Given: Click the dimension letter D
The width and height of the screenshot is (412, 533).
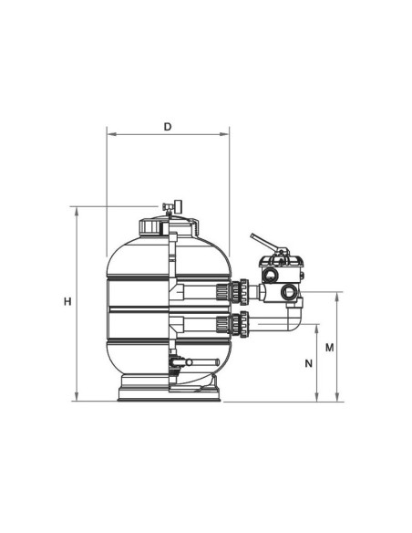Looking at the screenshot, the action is click(x=168, y=127).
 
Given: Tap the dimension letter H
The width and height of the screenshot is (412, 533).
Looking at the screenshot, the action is click(x=67, y=301).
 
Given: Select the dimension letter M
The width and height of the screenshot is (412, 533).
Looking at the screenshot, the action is click(x=330, y=348).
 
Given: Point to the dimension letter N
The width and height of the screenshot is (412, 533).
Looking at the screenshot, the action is click(x=308, y=363).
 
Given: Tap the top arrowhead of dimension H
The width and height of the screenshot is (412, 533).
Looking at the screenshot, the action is click(x=77, y=211).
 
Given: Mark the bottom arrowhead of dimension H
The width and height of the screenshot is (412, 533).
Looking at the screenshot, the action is click(x=77, y=397).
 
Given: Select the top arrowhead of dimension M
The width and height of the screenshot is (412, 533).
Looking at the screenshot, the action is click(x=337, y=297).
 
